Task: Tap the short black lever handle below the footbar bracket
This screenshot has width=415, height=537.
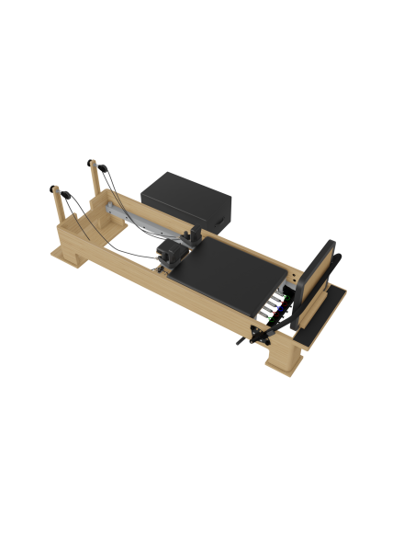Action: point(243,342)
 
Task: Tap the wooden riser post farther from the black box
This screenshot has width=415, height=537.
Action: point(57,197)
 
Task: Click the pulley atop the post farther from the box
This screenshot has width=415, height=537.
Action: point(55,188)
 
